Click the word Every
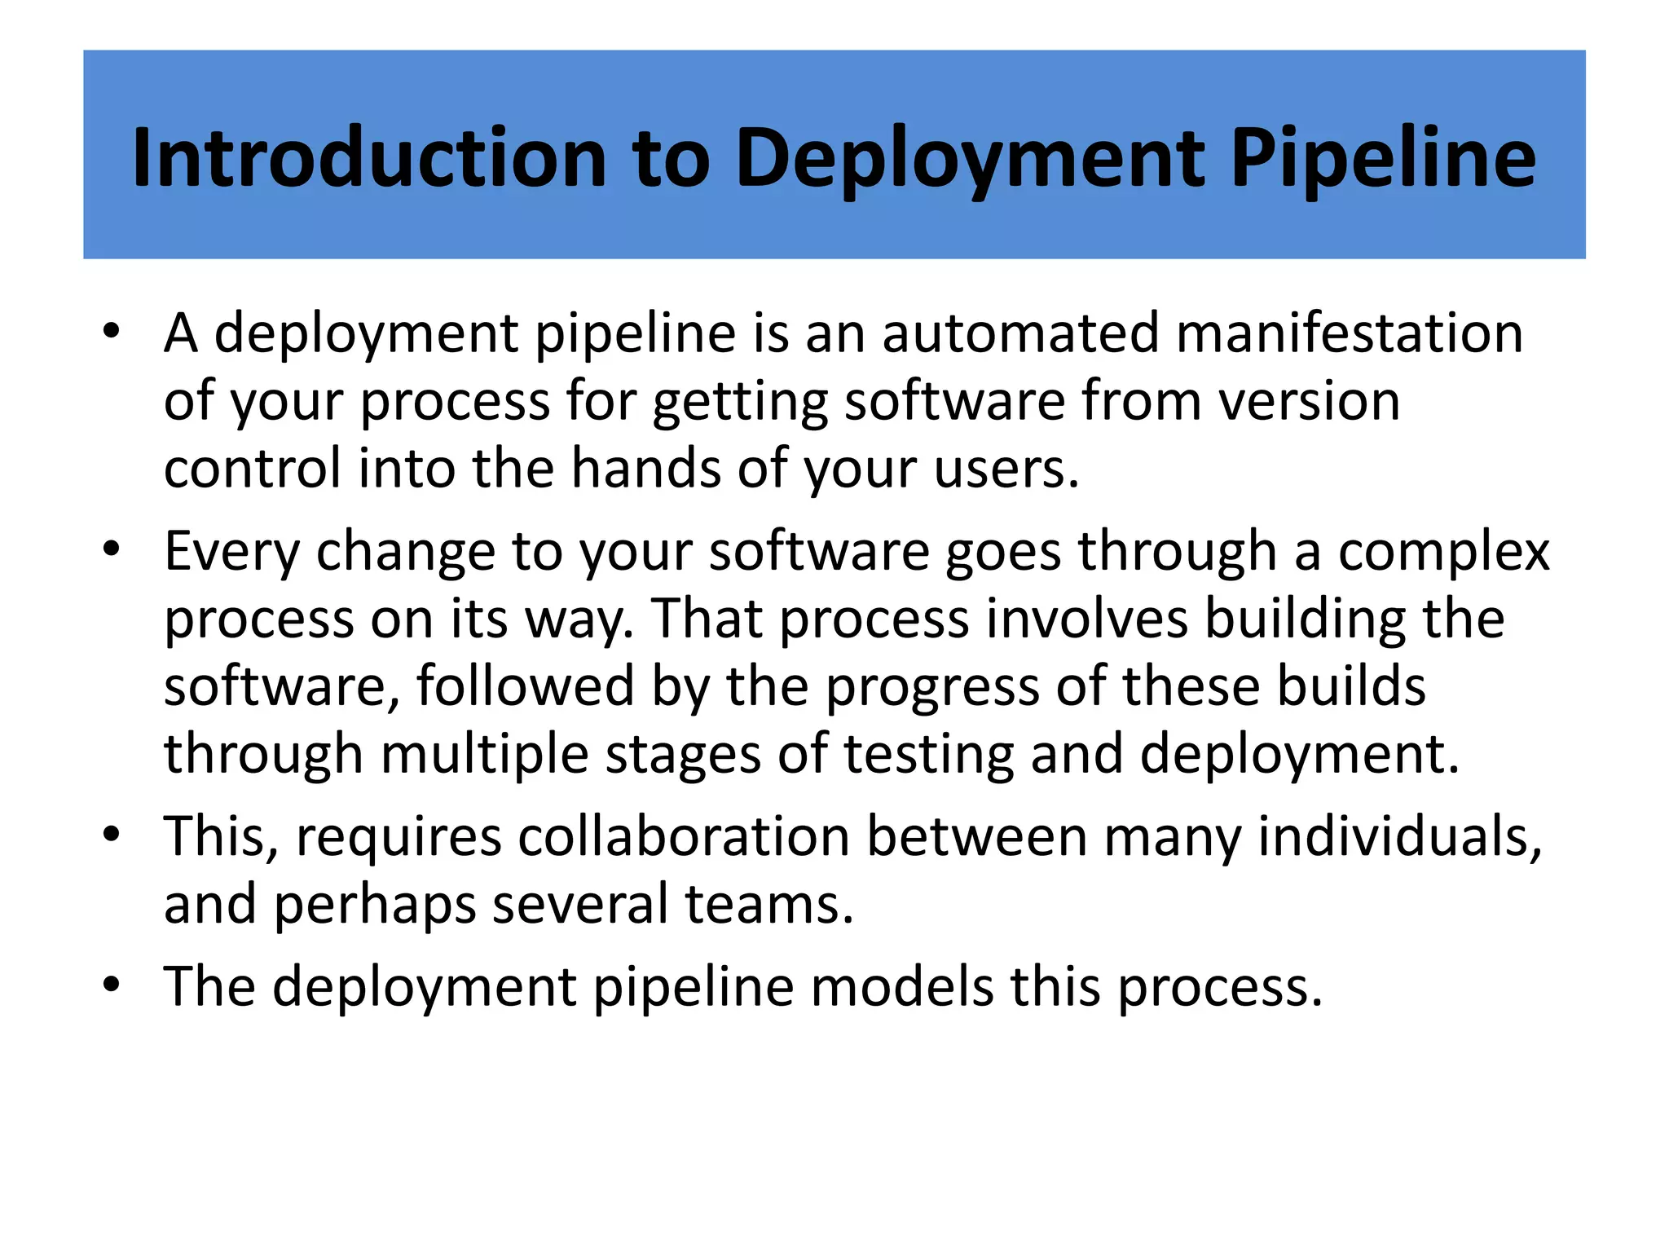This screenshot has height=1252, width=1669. tap(232, 552)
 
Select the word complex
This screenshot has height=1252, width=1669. tap(1443, 552)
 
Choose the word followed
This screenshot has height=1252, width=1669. tap(525, 686)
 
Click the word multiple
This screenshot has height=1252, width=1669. tap(484, 754)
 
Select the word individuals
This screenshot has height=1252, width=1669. tap(1399, 836)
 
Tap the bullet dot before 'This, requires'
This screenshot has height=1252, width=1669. tap(112, 835)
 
